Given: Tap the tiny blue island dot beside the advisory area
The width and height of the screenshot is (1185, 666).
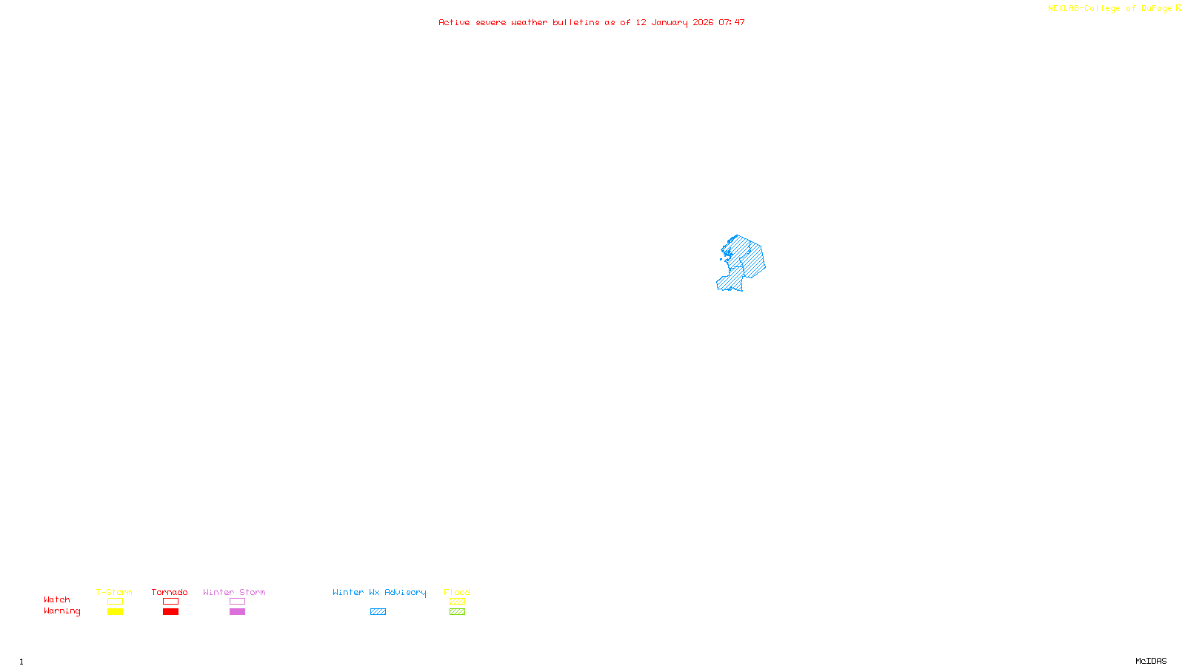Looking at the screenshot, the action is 721,259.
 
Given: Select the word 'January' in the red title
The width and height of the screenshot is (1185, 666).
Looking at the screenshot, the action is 670,23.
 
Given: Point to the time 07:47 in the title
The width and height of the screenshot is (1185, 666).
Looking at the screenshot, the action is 732,23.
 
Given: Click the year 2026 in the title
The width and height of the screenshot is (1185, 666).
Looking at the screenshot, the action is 703,23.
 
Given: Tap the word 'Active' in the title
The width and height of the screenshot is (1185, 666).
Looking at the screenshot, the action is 454,23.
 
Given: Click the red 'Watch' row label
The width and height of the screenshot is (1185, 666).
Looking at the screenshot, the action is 57,600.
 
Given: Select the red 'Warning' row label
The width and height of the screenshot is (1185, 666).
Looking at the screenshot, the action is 61,611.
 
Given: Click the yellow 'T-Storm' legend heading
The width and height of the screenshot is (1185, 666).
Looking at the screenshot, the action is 114,592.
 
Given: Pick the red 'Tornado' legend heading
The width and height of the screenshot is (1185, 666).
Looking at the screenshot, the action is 170,592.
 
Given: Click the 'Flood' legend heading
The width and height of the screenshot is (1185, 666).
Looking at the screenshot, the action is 457,592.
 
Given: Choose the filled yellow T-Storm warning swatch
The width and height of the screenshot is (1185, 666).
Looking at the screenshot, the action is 115,612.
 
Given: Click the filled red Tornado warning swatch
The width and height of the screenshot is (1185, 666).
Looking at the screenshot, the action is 171,612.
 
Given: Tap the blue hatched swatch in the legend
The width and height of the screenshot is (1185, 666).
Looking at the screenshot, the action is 378,612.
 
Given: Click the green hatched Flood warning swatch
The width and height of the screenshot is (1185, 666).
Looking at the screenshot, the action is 457,612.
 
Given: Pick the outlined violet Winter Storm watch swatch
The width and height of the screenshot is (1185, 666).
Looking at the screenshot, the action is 237,602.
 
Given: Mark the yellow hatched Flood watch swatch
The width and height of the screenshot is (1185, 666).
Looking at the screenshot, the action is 457,602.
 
